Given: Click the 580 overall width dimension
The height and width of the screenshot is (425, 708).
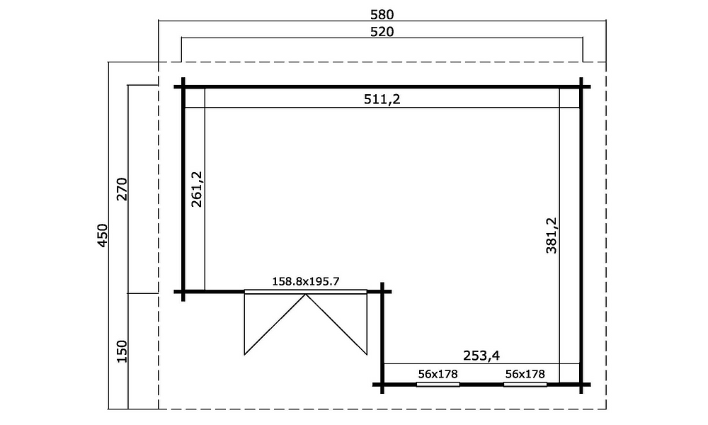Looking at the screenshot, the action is pos(382,14).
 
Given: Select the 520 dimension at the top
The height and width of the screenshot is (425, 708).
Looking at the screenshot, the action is pos(382,32).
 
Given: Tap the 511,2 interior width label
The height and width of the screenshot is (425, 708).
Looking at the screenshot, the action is pos(382,99).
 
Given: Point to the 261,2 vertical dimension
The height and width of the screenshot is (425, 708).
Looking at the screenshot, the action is pos(198,189).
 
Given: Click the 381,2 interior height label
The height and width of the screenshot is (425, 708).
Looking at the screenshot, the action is pos(552,235).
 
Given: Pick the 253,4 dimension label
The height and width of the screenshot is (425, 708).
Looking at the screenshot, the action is pos(481,356).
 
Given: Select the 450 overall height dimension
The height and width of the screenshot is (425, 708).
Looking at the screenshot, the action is pos(103,235).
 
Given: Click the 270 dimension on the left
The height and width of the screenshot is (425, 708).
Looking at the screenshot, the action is pos(122,189).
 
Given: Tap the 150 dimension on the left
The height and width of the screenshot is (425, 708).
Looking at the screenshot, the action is pos(122,351).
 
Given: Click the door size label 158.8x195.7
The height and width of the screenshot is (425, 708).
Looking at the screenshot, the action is pos(306,282).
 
